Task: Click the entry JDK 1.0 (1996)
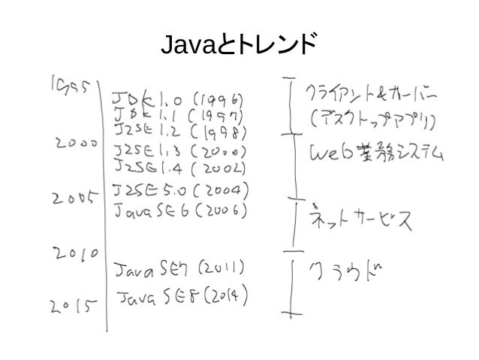(178, 99)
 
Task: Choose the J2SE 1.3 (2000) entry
(180, 147)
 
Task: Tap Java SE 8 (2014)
(182, 294)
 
